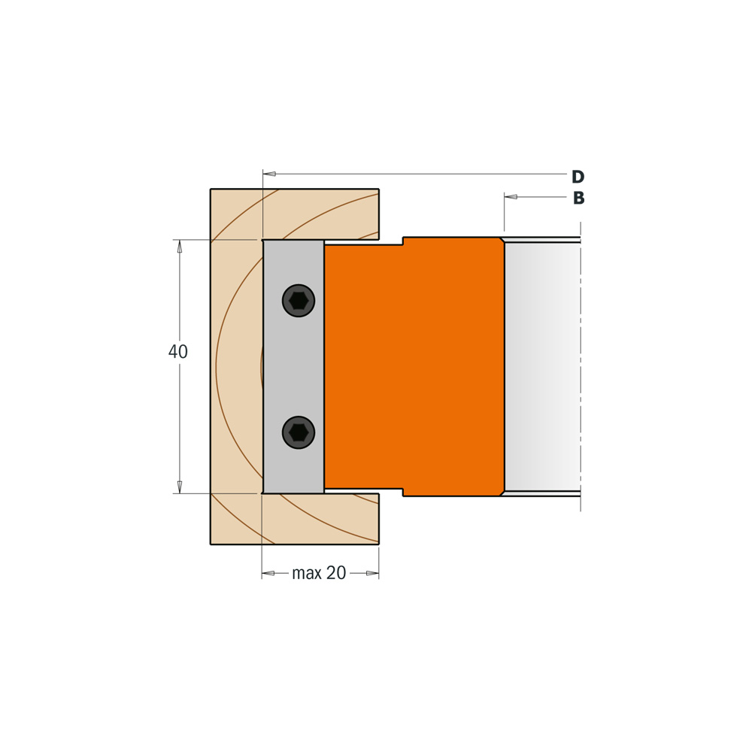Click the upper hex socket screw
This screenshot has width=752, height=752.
tap(299, 301)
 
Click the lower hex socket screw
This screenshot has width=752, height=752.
tap(299, 432)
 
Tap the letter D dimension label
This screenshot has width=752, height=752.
tap(578, 177)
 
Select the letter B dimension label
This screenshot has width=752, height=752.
tap(579, 198)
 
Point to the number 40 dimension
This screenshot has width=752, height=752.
tap(178, 351)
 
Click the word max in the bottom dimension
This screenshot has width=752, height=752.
tap(307, 572)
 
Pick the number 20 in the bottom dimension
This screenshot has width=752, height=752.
tap(335, 572)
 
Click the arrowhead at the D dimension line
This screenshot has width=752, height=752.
tap(269, 174)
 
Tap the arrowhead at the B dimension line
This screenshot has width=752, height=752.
tap(511, 196)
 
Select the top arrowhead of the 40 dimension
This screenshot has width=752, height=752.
tap(180, 246)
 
